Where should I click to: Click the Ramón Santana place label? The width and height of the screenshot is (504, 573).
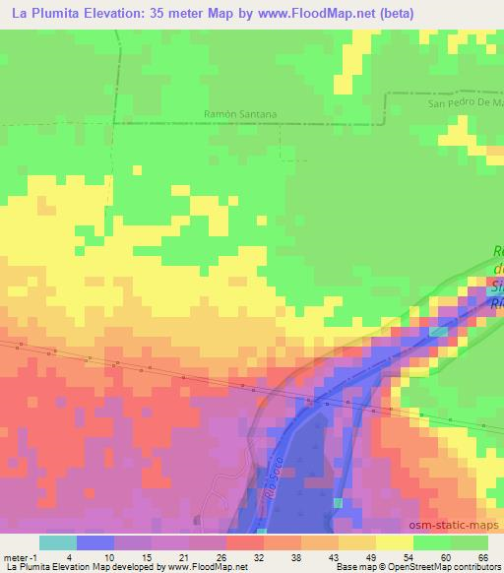pyautogui.click(x=239, y=114)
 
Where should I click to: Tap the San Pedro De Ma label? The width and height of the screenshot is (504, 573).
pyautogui.click(x=466, y=102)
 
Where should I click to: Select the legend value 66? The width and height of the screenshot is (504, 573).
pyautogui.click(x=482, y=556)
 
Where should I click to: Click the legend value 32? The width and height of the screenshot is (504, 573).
pyautogui.click(x=259, y=556)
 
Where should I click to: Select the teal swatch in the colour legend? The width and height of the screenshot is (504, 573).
pyautogui.click(x=58, y=542)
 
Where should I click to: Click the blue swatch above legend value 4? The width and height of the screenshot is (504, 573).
pyautogui.click(x=95, y=542)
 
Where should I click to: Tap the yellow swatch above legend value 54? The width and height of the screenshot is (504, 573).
pyautogui.click(x=395, y=542)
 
